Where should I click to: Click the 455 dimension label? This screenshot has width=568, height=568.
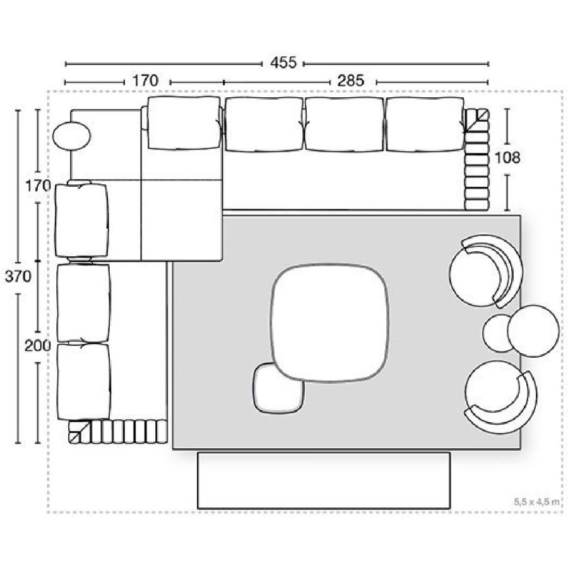click(x=283, y=62)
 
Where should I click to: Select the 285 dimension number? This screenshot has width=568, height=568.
click(x=351, y=80)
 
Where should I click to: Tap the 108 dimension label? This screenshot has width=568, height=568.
click(x=507, y=158)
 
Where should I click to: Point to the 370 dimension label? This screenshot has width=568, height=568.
click(x=18, y=277)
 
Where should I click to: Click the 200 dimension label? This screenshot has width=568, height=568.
click(x=38, y=346)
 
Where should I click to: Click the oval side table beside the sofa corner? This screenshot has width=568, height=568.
click(x=71, y=136)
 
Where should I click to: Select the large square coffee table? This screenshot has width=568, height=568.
click(x=330, y=324)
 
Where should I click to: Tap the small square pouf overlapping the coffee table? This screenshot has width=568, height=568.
click(x=278, y=388)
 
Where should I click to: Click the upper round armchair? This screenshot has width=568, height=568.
click(x=486, y=272)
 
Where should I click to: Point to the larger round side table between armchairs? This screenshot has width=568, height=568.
click(x=533, y=331)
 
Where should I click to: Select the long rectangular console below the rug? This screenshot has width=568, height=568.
click(x=324, y=480)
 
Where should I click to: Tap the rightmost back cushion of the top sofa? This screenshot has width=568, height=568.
click(x=425, y=124)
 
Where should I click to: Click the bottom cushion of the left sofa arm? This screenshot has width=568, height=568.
click(x=84, y=382)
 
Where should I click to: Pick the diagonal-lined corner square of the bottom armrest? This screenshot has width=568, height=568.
click(x=80, y=432)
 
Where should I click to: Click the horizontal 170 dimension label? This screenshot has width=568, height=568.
click(x=145, y=80)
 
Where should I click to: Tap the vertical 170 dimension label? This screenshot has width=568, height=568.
click(x=38, y=186)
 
